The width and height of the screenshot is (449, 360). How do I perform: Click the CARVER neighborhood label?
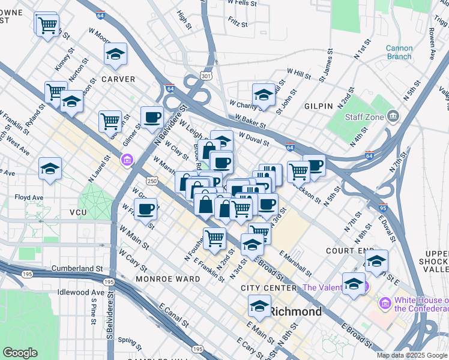(x=118, y=79)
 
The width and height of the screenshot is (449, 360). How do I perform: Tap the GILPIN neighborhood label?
(x=319, y=106)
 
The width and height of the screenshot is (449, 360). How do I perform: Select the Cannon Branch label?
(x=399, y=53)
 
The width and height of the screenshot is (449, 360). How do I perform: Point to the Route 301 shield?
(x=206, y=76)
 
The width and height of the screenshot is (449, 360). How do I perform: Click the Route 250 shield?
(x=152, y=181)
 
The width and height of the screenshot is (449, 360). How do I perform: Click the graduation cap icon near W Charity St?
(x=264, y=95)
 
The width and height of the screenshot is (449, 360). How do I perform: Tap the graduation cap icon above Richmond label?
(x=259, y=307)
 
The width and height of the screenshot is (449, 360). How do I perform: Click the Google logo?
(x=20, y=353)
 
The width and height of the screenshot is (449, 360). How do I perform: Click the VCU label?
(x=78, y=213)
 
